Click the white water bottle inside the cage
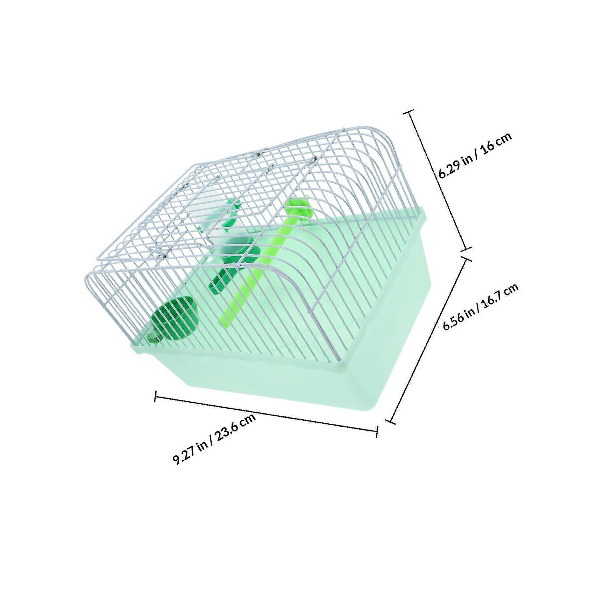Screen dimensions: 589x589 pyautogui.click(x=213, y=217)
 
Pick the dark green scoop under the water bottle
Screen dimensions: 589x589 pyautogui.click(x=236, y=265)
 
